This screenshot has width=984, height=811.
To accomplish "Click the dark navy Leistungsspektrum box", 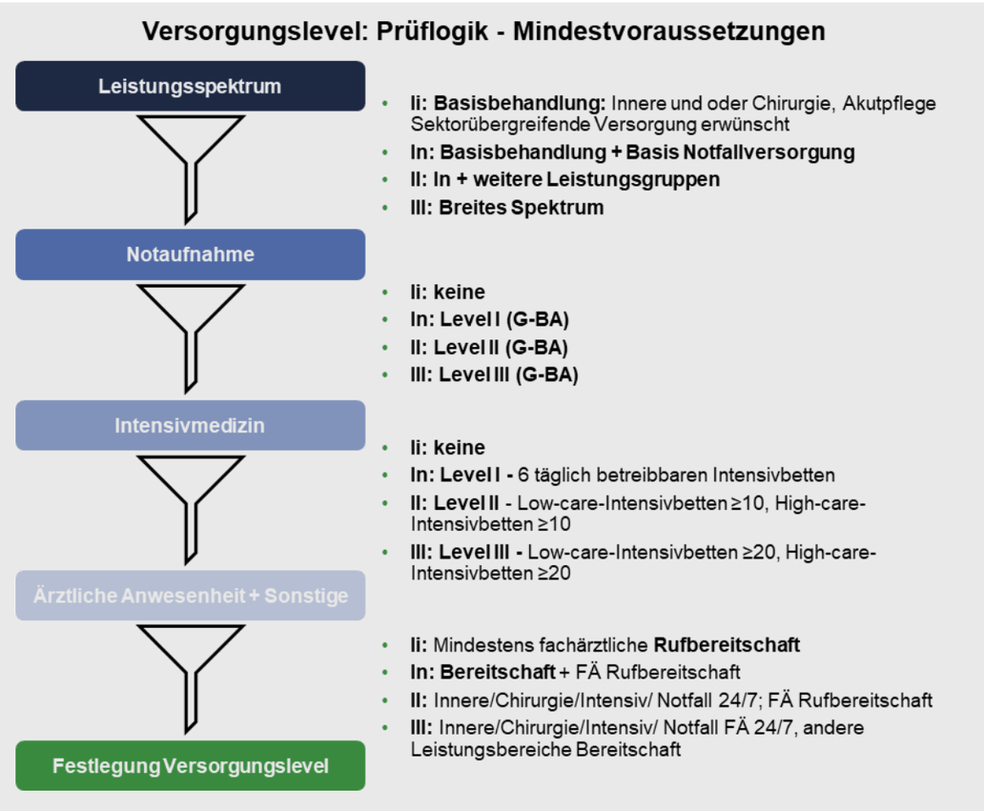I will (x=190, y=86).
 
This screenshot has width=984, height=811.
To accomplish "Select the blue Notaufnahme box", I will (x=190, y=254).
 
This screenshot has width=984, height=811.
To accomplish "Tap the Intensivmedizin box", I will (x=190, y=425).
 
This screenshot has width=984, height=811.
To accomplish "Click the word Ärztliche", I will (x=75, y=596).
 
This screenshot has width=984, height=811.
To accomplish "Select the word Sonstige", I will (x=306, y=596).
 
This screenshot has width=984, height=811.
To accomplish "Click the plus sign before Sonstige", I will (x=254, y=596).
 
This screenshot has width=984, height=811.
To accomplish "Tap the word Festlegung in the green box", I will (x=105, y=766).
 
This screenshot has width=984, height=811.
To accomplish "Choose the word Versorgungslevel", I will (x=245, y=766).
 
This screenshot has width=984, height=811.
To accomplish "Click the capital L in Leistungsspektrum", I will (x=103, y=87).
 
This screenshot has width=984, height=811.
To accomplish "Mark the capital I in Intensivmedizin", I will (x=118, y=425).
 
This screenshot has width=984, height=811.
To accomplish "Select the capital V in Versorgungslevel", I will (x=169, y=766).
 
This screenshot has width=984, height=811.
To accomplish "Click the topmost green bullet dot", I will (x=385, y=103).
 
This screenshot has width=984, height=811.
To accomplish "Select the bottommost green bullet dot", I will (x=385, y=727).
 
